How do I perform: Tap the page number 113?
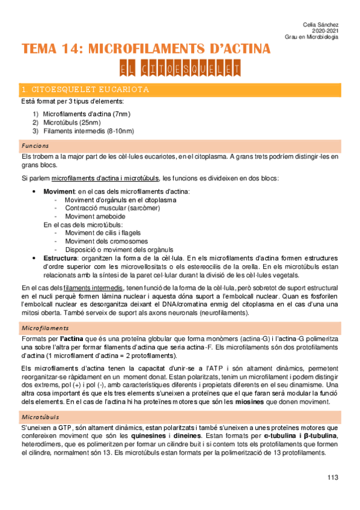pyautogui.click(x=333, y=478)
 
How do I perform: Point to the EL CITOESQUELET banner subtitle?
pyautogui.click(x=180, y=69)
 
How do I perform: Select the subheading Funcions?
pyautogui.click(x=34, y=146)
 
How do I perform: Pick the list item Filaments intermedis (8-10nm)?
pyautogui.click(x=88, y=131)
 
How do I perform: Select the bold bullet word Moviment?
pyautogui.click(x=59, y=191)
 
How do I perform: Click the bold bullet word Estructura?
pyautogui.click(x=60, y=257)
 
